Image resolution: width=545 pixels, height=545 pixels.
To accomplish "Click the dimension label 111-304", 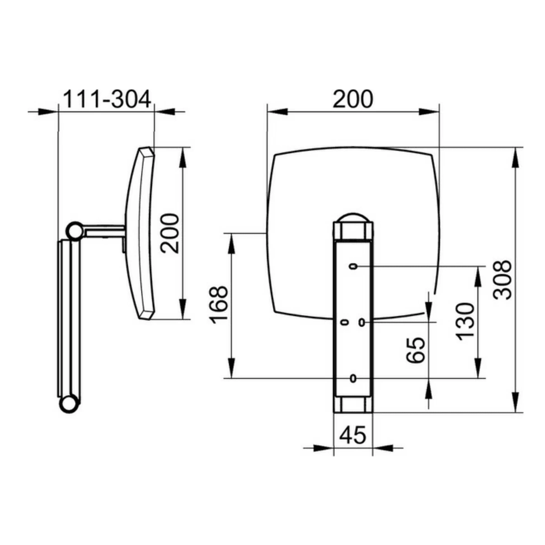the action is [107, 99].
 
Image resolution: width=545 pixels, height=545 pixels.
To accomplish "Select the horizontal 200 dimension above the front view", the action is [352, 99].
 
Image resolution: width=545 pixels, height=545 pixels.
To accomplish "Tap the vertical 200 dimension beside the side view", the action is [170, 233].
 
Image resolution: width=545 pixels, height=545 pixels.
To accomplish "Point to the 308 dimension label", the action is [502, 280].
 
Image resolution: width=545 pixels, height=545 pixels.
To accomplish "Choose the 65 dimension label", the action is [416, 350].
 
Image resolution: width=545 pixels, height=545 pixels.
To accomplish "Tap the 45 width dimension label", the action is [352, 435].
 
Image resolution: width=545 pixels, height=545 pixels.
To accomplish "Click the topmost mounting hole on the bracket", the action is [353, 266].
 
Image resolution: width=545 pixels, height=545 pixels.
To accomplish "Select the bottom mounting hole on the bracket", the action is [353, 378].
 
